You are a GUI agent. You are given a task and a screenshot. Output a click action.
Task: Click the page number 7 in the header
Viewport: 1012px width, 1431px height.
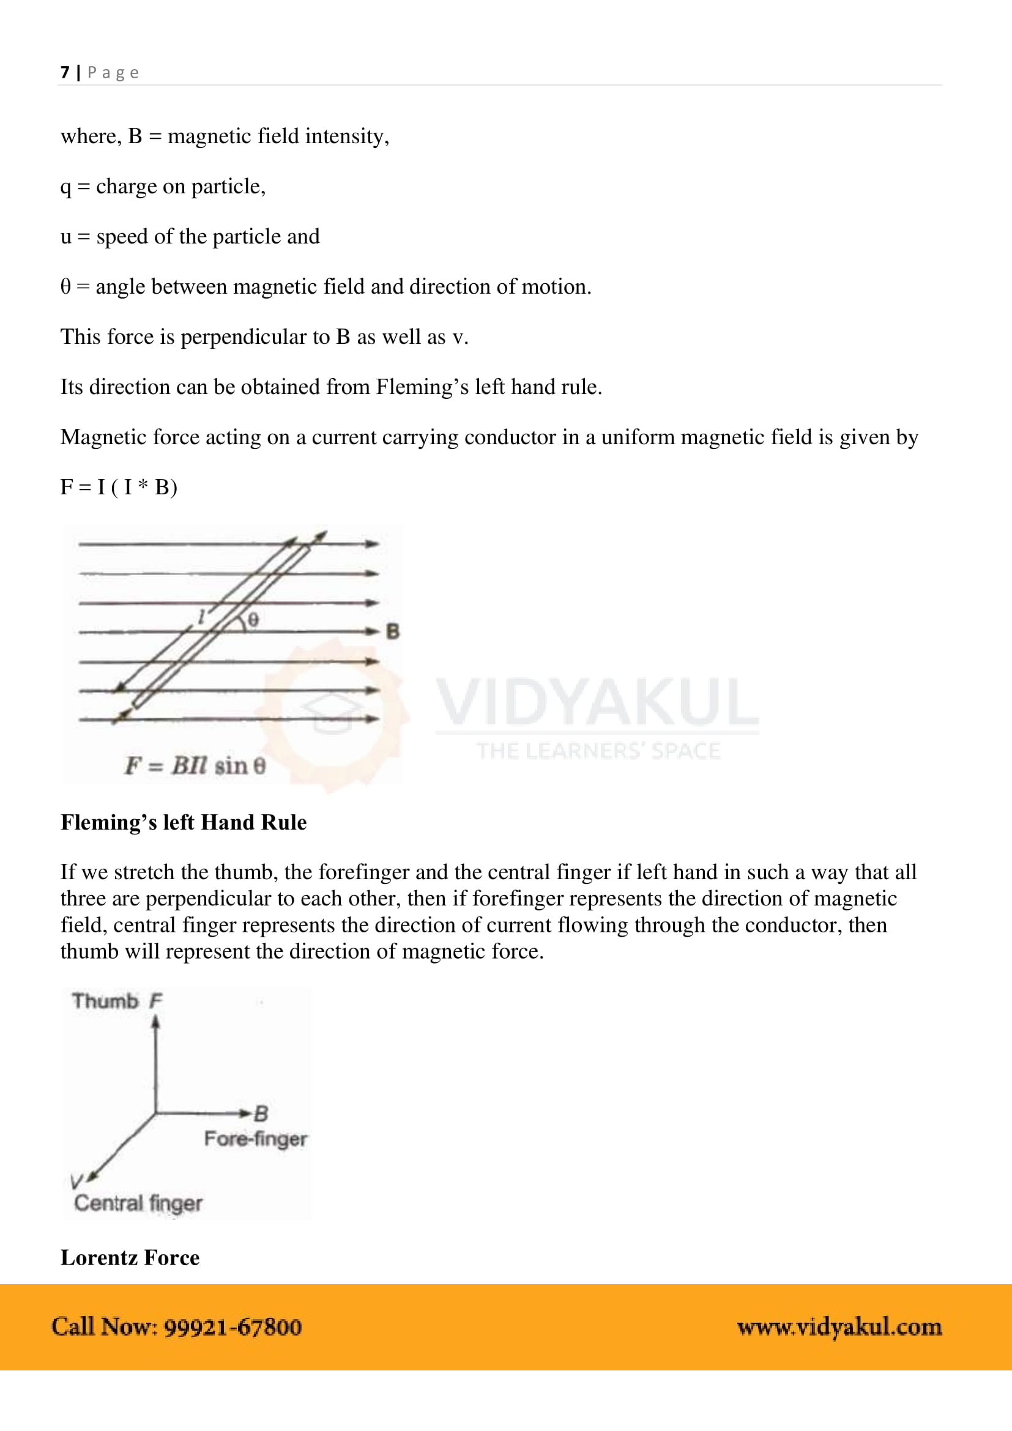coord(65,72)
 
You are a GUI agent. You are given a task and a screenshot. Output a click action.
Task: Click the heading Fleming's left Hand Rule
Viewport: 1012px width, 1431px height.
coord(183,822)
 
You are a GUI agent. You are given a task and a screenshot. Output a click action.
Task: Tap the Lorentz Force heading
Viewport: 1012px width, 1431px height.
coord(130,1257)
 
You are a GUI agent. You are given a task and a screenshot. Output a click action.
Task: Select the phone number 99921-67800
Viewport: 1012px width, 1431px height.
coord(233,1327)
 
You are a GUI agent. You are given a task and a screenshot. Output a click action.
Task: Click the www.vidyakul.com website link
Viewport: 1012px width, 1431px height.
coord(839,1327)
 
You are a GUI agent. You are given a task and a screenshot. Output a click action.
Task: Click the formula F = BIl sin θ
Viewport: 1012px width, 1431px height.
coord(195,765)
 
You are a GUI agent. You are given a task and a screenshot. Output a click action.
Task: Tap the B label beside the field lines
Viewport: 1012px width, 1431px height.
coord(393,631)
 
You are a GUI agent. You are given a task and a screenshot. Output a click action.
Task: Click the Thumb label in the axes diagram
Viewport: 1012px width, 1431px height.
coord(105,1001)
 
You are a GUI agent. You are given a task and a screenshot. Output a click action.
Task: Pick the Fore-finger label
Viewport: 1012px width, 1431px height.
coord(256,1139)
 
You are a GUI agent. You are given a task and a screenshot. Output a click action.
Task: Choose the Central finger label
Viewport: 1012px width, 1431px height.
coord(138,1203)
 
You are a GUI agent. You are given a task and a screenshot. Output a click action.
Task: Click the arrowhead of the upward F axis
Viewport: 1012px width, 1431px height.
coord(156,1022)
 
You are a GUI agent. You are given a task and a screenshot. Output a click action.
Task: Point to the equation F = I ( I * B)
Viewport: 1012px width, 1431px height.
coord(119,487)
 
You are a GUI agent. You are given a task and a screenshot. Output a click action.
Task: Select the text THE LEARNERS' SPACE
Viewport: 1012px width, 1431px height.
coord(598,751)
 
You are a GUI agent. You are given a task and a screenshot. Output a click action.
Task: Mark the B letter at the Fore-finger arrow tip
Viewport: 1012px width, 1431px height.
coord(261,1113)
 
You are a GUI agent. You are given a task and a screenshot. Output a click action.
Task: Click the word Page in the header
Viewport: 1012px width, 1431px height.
coord(113,73)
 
